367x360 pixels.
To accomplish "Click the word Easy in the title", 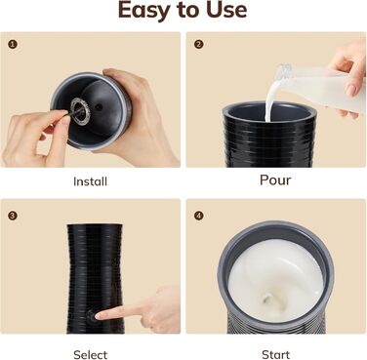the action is click(x=144, y=10).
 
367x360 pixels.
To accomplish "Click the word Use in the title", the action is click(x=227, y=10).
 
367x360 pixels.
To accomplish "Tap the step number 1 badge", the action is click(x=13, y=44).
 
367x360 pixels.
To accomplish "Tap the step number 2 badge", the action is click(x=198, y=44).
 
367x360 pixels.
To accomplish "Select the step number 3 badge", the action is click(x=13, y=216).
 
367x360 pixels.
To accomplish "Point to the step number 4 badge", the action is click(x=198, y=216).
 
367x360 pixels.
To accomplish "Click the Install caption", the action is click(x=90, y=181).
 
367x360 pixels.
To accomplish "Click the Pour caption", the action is click(x=275, y=180).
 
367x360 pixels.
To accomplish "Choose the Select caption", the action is click(x=90, y=354).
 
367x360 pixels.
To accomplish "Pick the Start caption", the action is click(x=275, y=354).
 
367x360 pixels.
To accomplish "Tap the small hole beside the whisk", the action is click(x=99, y=106).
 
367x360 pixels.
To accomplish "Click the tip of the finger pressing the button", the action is click(x=98, y=315).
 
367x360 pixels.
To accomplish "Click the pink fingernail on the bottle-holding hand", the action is click(x=351, y=90).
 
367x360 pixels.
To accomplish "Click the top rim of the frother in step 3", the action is click(x=95, y=225).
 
